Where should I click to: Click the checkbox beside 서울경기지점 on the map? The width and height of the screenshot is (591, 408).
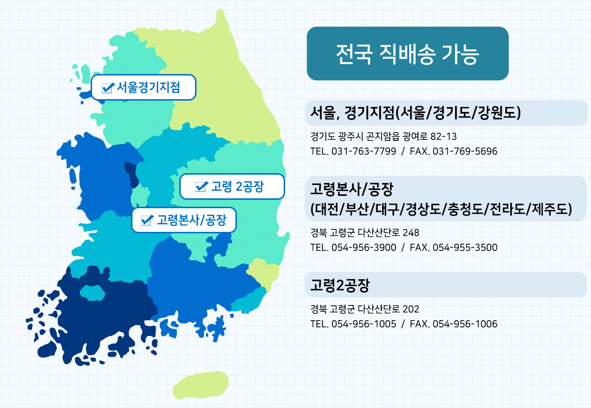click(108, 88)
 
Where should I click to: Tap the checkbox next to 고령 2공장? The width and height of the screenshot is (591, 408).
click(201, 186)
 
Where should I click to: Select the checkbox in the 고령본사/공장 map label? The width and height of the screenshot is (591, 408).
click(147, 220)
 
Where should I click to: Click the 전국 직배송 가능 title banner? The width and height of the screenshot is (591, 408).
click(408, 53)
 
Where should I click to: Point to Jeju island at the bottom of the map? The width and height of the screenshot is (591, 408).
click(200, 385)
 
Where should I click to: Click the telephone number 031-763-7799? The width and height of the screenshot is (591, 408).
click(364, 151)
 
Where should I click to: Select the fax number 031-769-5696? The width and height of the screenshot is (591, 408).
click(465, 151)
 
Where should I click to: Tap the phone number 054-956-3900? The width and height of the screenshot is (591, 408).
click(364, 248)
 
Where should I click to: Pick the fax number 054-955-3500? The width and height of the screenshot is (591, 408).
click(465, 248)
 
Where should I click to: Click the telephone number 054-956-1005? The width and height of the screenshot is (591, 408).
click(364, 324)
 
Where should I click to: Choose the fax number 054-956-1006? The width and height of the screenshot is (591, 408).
click(465, 324)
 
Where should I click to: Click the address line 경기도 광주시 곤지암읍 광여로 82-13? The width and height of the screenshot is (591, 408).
click(383, 137)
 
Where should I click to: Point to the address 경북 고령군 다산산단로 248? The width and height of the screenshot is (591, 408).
click(364, 233)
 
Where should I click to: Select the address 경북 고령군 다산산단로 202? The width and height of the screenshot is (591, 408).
click(364, 309)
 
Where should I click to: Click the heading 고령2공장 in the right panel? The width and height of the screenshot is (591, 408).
click(340, 285)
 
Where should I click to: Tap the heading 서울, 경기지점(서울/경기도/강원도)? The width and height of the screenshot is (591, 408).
click(416, 113)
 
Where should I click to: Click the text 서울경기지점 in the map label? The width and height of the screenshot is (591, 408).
click(148, 87)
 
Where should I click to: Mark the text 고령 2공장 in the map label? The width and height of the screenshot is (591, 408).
click(237, 186)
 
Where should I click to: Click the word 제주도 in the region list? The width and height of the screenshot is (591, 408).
click(549, 209)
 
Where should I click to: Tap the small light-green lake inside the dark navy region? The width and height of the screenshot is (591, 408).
click(93, 293)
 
